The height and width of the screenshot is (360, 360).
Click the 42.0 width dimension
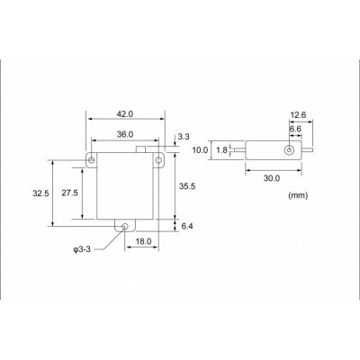pos(124,114)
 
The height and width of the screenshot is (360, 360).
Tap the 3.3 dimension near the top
pos(184,136)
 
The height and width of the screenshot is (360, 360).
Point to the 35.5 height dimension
pos(187,187)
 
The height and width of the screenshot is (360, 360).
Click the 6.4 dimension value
pos(187,227)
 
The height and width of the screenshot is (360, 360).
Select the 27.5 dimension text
pos(69,193)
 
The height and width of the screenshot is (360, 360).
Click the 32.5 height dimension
pos(40,193)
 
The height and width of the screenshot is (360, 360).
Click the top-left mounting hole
pos(92,162)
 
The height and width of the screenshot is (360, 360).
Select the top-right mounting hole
pos(158,162)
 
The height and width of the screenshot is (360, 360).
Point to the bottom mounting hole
pos(125,228)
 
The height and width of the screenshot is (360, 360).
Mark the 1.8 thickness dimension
pos(220,151)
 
